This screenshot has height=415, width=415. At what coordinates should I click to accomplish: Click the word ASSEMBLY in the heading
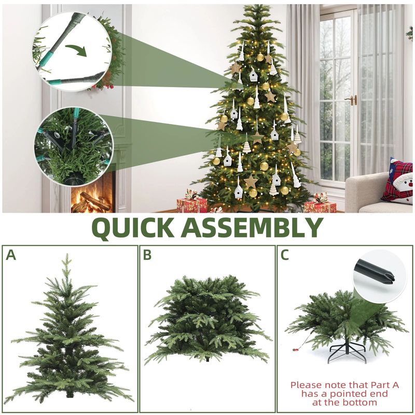pos(252,227)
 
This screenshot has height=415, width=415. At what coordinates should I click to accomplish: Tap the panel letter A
pos(11,255)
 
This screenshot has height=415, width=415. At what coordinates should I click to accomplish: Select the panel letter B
pos(147,255)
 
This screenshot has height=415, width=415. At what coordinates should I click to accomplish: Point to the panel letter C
pos(284,255)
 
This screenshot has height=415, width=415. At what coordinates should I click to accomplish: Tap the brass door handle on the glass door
pos(352,100)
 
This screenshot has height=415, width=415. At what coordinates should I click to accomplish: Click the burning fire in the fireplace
pos(91,200)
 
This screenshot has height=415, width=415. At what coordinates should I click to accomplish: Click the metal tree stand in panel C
pos(347,351)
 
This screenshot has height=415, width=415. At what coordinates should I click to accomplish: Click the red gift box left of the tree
pos(192,204)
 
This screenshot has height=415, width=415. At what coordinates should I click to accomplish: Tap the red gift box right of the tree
pos(320,206)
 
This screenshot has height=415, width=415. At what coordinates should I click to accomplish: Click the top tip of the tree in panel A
pos(67,254)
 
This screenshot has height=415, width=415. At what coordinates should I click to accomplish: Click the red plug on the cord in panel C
pos(296,350)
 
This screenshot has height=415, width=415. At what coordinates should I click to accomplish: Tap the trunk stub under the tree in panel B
pos(207,360)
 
